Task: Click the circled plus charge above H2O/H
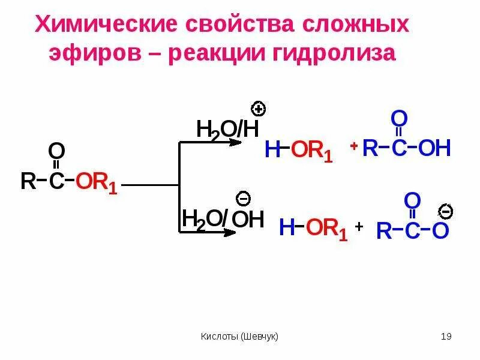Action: (259, 109)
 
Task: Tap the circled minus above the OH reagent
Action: (243, 198)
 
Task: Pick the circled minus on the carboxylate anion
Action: (446, 211)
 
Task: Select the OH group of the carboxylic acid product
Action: (434, 148)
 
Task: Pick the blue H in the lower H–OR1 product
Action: (287, 228)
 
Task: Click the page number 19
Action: (445, 336)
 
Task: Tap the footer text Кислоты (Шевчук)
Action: (239, 336)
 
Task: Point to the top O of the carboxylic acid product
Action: (400, 118)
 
